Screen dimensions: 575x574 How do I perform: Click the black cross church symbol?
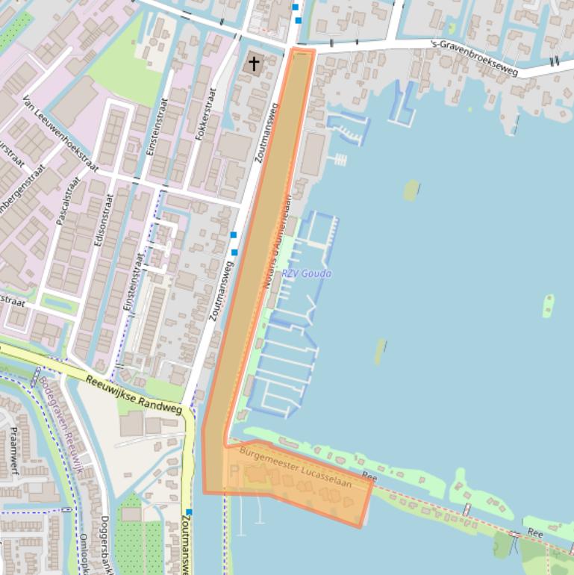tap(254, 63)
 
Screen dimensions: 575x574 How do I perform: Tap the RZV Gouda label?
tap(307, 273)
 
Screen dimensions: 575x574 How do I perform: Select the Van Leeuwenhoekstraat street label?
tap(60, 134)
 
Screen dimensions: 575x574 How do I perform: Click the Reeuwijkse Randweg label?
tap(134, 394)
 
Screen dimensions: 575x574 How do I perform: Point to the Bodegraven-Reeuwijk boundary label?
tap(60, 425)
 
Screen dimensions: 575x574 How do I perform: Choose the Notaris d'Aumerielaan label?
tap(276, 243)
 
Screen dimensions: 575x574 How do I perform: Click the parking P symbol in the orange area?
tap(233, 471)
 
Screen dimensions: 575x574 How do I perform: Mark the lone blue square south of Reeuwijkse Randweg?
tap(189, 512)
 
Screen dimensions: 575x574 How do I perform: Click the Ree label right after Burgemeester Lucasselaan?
tap(369, 476)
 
